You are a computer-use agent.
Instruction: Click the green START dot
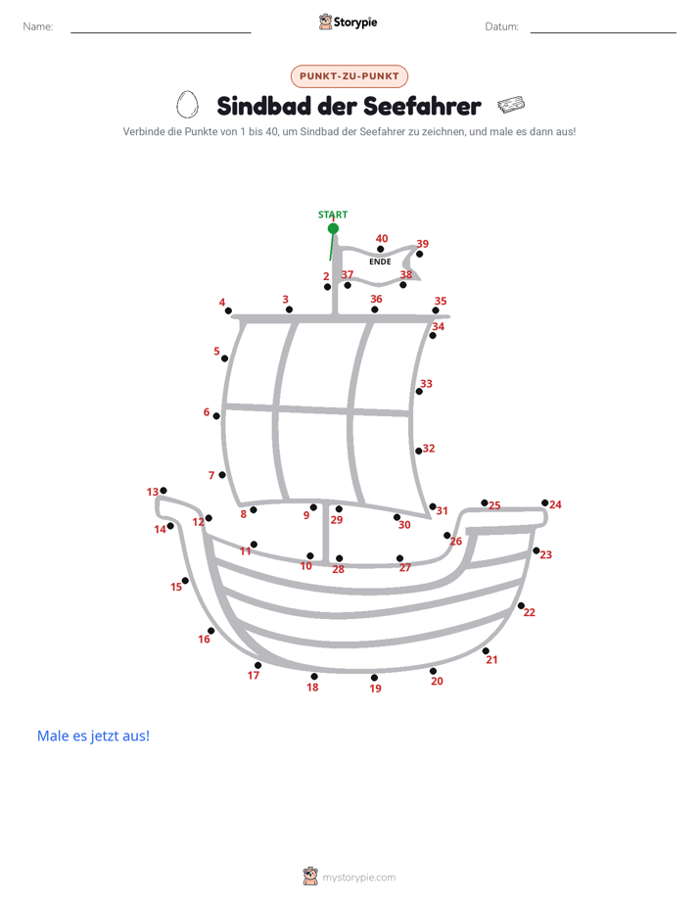click(x=333, y=228)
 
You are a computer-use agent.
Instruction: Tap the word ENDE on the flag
click(x=380, y=262)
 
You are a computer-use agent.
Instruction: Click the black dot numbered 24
click(x=544, y=502)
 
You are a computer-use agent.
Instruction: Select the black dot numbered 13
click(x=163, y=491)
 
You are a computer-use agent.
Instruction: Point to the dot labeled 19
click(x=374, y=678)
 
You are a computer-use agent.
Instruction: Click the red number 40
click(x=382, y=238)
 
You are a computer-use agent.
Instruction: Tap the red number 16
click(x=205, y=639)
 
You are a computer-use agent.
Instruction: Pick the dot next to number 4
click(x=228, y=310)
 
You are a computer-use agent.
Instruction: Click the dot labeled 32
click(x=419, y=451)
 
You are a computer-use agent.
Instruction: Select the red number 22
click(x=530, y=612)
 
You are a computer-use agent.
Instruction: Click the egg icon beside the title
click(x=187, y=105)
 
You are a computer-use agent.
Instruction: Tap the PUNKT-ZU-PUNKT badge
click(x=349, y=76)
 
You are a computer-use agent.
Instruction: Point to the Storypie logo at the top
click(x=348, y=22)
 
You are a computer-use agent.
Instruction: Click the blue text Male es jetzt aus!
click(x=93, y=736)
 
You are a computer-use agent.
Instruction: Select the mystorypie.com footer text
click(x=358, y=878)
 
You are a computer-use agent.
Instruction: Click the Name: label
click(x=38, y=26)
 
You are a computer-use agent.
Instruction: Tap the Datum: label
click(x=502, y=26)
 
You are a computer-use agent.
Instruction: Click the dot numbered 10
click(x=310, y=555)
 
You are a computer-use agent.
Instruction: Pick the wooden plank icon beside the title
click(x=511, y=105)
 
